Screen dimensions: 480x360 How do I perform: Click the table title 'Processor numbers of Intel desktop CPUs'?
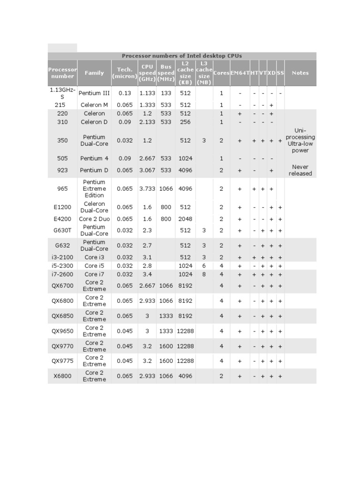click(182, 56)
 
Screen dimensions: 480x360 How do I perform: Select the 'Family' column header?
click(94, 73)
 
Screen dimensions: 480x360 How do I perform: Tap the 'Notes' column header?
click(300, 73)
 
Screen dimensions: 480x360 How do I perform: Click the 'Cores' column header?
click(221, 73)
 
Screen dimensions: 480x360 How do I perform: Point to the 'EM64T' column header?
click(240, 73)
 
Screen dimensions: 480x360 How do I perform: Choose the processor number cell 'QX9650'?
click(62, 331)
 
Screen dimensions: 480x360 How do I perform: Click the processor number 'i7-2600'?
click(62, 274)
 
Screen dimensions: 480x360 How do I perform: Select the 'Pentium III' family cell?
click(94, 93)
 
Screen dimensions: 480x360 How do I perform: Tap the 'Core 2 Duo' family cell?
click(94, 219)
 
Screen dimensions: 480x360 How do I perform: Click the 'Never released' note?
click(300, 170)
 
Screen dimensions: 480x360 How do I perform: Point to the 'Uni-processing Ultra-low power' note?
click(300, 141)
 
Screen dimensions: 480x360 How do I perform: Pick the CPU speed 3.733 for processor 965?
click(147, 189)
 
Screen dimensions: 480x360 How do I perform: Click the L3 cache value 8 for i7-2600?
click(204, 274)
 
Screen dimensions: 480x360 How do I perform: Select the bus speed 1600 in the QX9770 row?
click(166, 346)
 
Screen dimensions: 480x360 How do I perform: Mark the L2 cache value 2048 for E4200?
click(185, 219)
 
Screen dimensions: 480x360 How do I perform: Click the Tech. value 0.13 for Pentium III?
click(125, 93)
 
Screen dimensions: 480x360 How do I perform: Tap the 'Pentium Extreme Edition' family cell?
click(94, 189)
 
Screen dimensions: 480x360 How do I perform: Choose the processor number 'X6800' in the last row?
click(62, 376)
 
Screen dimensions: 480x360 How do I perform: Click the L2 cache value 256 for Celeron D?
click(185, 122)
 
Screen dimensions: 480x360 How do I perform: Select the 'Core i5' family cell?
click(94, 266)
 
